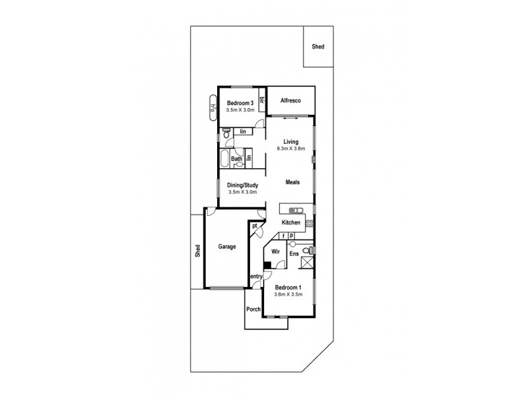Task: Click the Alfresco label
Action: tap(290, 100)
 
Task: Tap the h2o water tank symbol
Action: tap(213, 108)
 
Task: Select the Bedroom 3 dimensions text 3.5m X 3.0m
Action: tap(240, 111)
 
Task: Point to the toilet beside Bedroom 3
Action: tap(226, 133)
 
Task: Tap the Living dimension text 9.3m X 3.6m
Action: tap(290, 150)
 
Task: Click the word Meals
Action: tap(294, 181)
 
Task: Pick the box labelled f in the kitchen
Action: tap(283, 235)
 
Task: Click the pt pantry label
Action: tap(255, 226)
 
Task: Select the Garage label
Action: tap(227, 247)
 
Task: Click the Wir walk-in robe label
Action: tap(276, 251)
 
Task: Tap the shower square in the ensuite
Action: tap(306, 263)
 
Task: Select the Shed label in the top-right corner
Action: tap(318, 47)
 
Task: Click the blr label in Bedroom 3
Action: tap(262, 100)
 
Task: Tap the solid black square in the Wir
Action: tap(267, 267)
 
